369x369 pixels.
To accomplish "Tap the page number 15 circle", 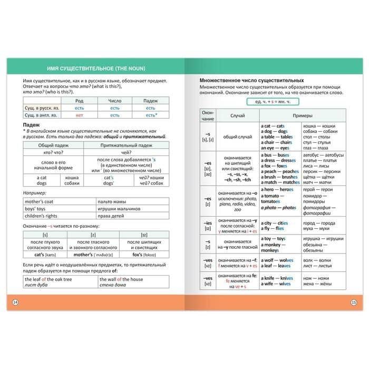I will tap(353, 302).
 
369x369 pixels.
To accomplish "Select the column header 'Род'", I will tap(79, 101).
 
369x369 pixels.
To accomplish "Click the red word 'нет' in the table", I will tap(79, 115).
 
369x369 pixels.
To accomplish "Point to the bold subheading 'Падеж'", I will tap(32, 125).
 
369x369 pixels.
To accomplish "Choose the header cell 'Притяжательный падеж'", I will tap(125, 145).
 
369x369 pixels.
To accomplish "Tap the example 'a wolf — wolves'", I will tap(277, 260).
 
